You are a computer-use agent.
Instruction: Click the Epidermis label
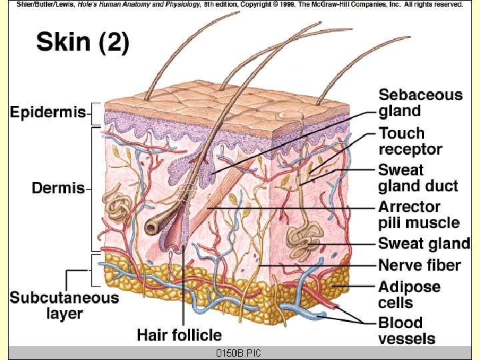[x=47, y=113]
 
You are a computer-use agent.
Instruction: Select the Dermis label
[x=58, y=188]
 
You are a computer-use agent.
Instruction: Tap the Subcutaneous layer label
[x=64, y=305]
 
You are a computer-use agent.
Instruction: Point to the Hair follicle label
[x=179, y=334]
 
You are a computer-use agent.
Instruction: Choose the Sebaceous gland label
[x=420, y=103]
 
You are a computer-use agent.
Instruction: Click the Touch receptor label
[x=410, y=141]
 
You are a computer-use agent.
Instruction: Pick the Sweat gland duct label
[x=418, y=178]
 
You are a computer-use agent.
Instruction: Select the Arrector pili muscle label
[x=419, y=215]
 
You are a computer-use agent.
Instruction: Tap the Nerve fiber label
[x=419, y=265]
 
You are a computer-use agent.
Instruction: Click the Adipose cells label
[x=409, y=295]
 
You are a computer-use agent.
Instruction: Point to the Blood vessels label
[x=406, y=331]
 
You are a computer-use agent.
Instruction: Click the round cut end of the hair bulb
[x=152, y=227]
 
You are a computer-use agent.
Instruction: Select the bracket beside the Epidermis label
[x=95, y=113]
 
